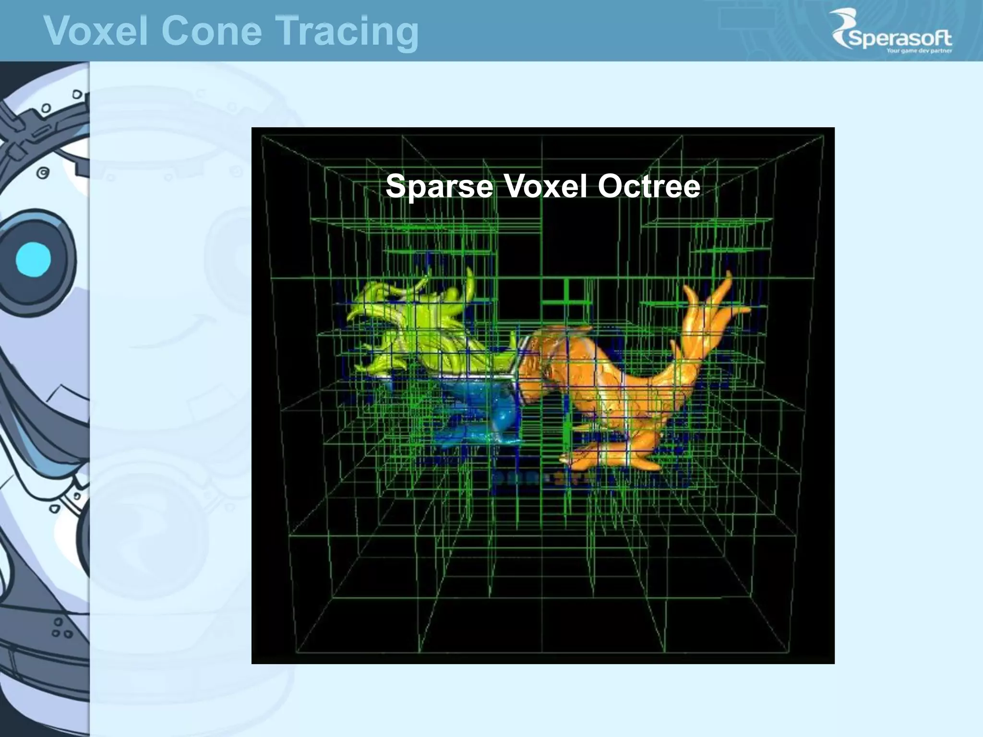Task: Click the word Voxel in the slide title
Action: point(96,31)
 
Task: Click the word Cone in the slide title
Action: point(211,31)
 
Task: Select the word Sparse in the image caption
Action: point(439,187)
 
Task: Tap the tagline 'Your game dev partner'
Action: point(919,51)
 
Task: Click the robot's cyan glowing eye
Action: point(33,260)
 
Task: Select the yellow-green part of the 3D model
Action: point(413,326)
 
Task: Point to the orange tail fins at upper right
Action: point(710,307)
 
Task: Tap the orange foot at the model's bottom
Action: point(614,456)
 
